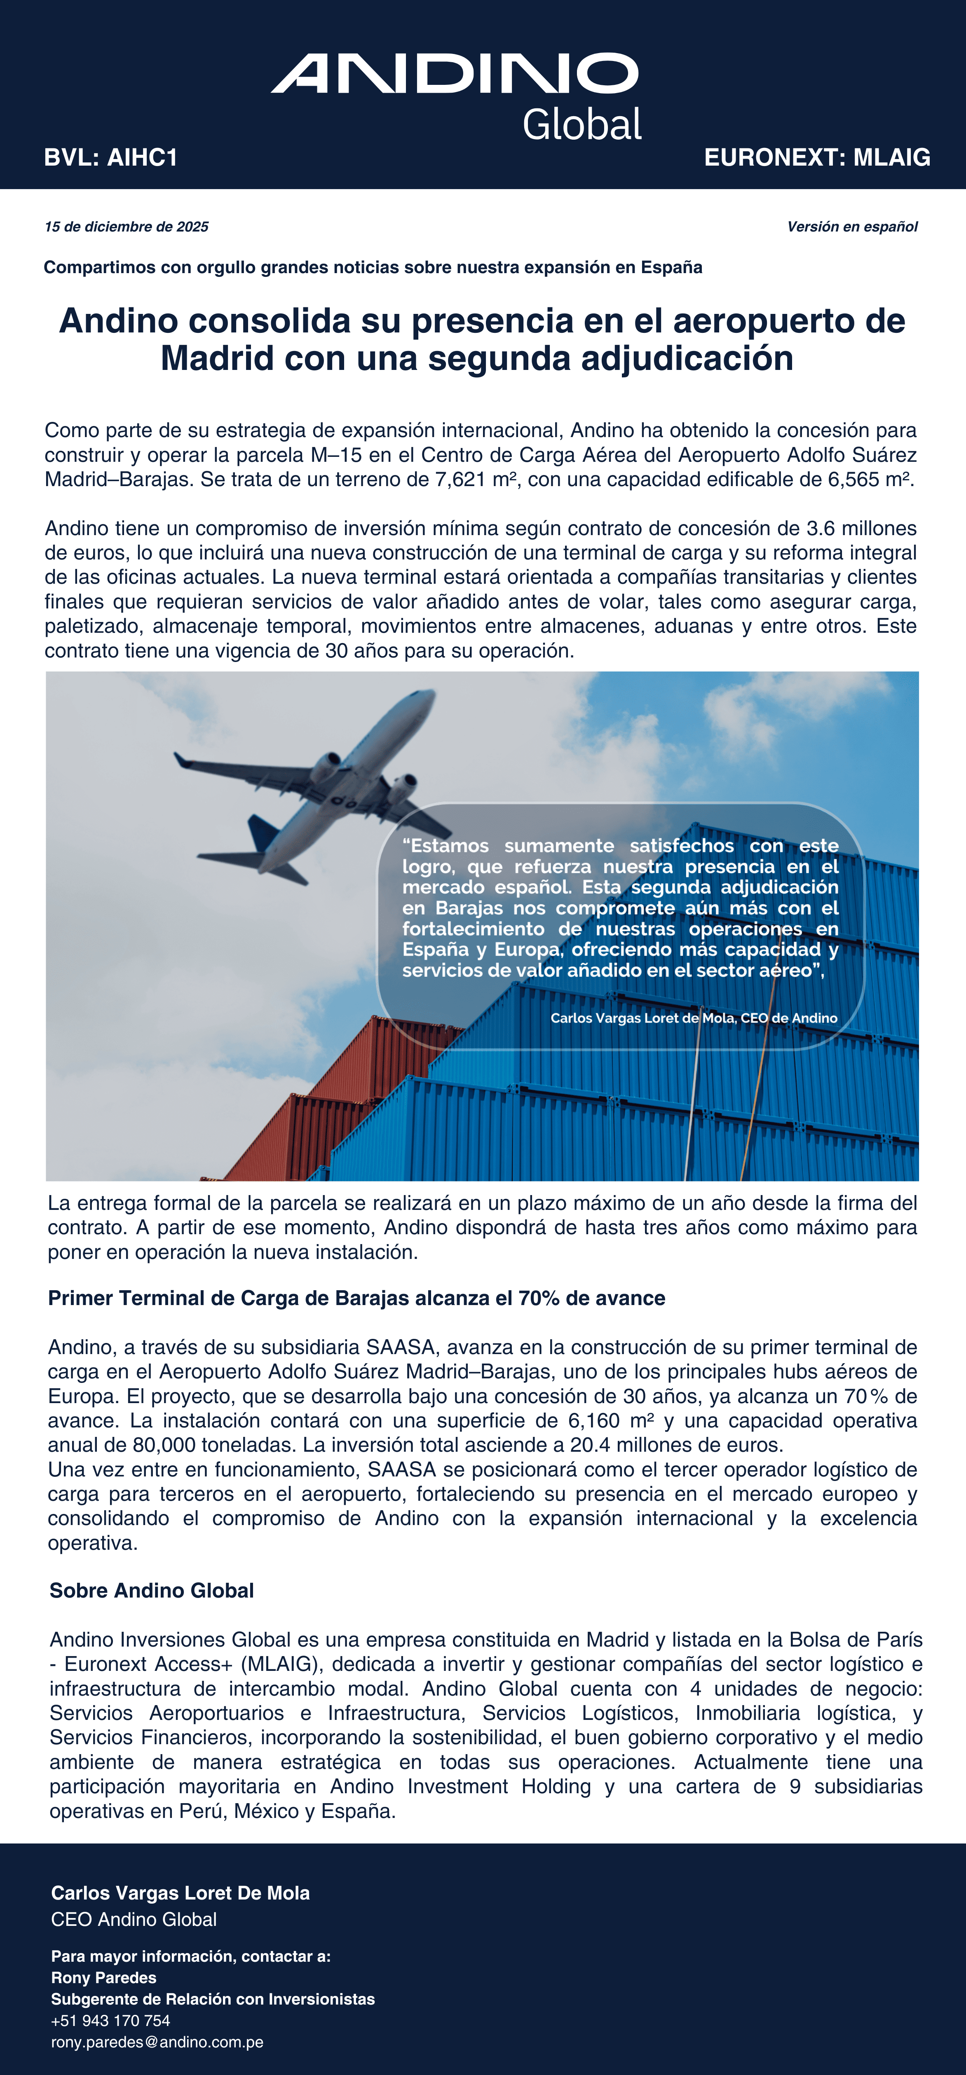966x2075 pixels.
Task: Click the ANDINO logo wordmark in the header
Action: [x=455, y=74]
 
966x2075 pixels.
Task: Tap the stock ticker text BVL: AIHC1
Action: [x=110, y=157]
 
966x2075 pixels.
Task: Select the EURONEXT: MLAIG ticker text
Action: [x=817, y=157]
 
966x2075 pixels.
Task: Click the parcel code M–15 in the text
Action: [x=338, y=456]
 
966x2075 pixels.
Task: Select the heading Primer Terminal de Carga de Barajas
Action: [x=356, y=1298]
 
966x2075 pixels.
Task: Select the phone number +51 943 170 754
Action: [x=110, y=2020]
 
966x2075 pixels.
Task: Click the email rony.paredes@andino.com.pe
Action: [x=157, y=2042]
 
